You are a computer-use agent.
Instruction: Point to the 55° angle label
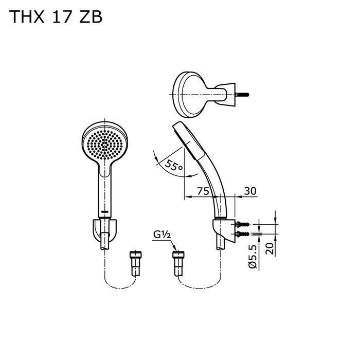[x=174, y=166]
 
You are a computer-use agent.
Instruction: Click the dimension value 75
[x=203, y=191]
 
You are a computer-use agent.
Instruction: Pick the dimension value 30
[x=250, y=191]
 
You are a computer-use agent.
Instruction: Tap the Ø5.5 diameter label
[x=252, y=255]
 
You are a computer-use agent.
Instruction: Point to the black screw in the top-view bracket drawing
[x=242, y=95]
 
